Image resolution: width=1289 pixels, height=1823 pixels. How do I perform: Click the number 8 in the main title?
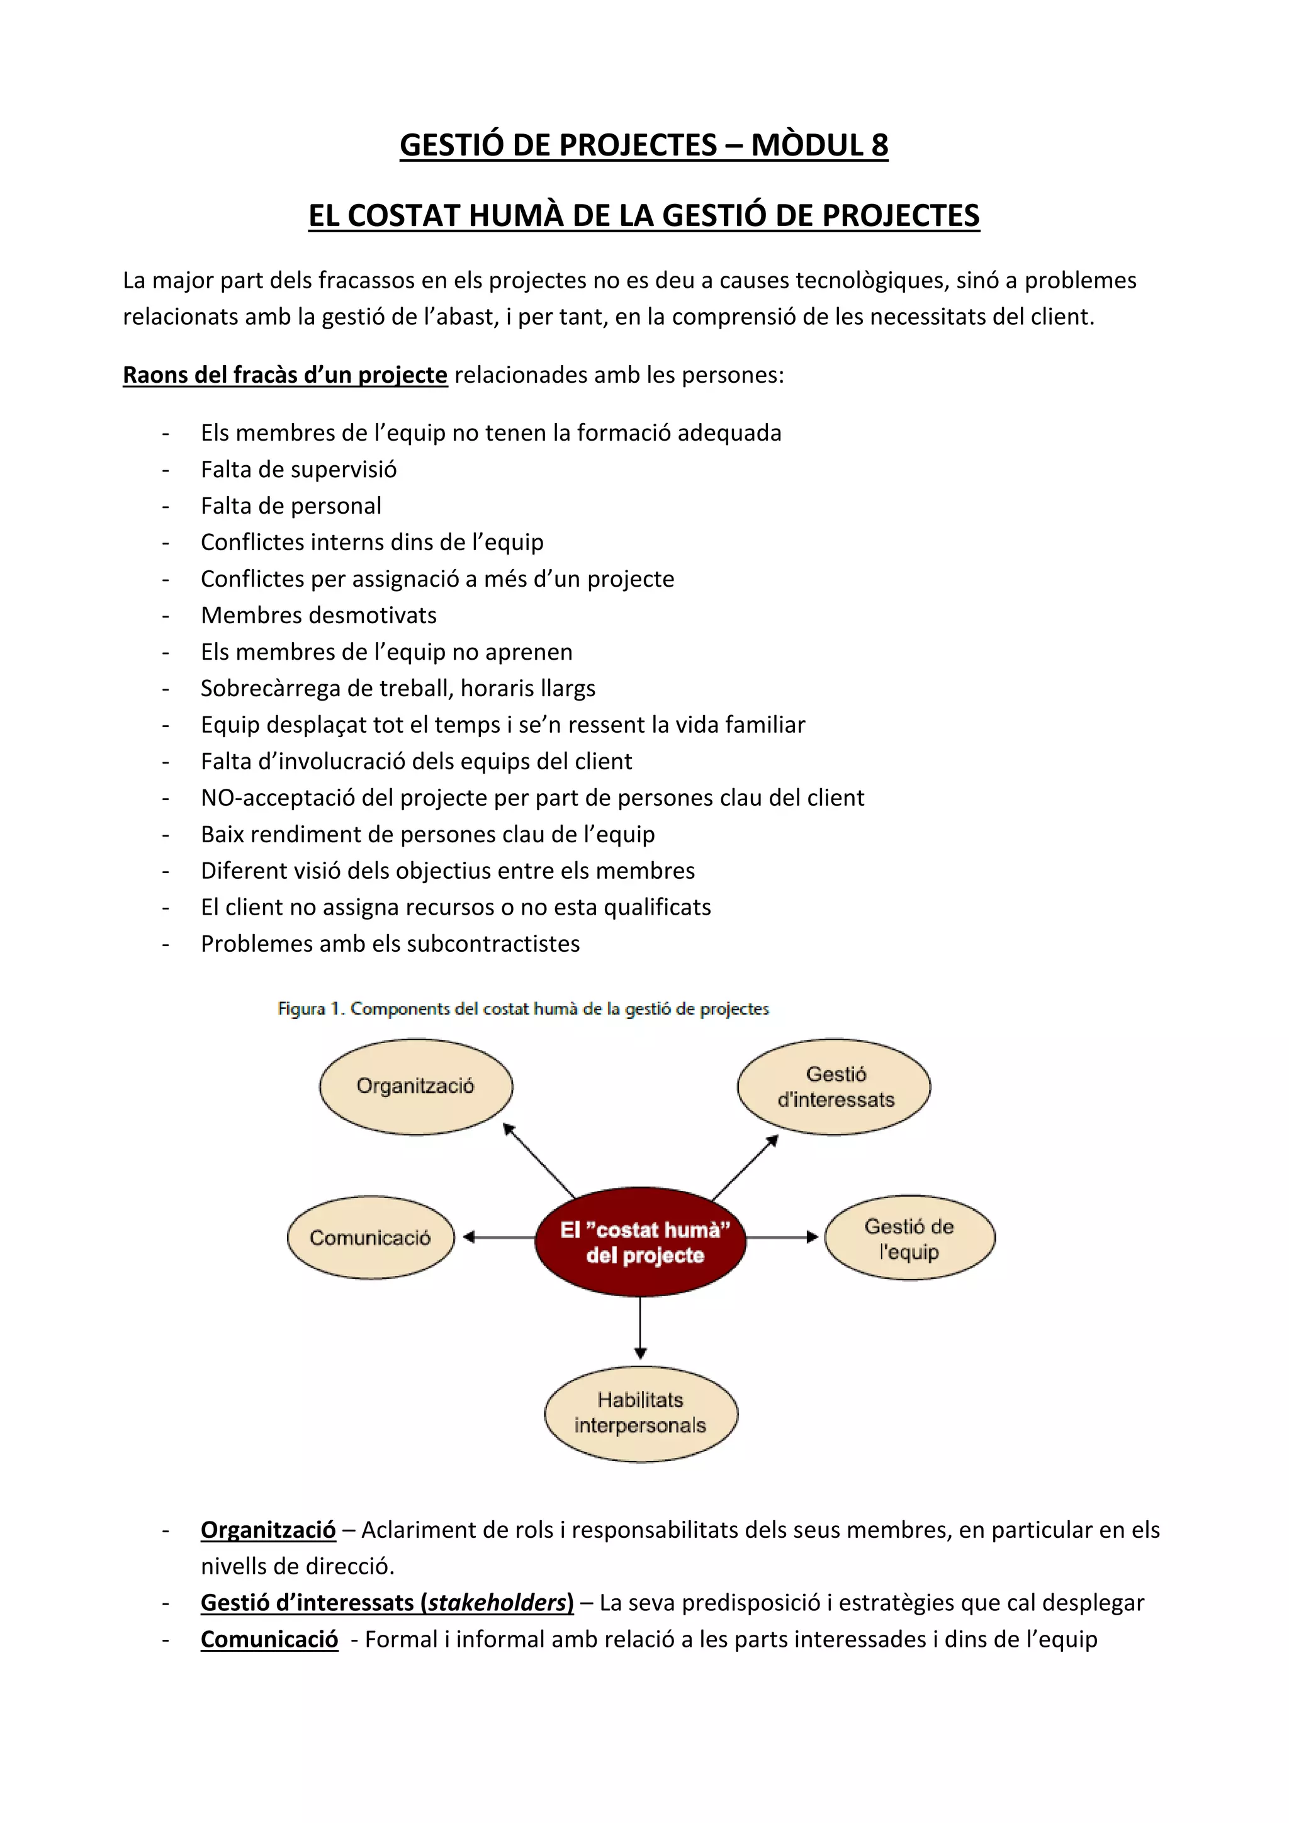click(879, 145)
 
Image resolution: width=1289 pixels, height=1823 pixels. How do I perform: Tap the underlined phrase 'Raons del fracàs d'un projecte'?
click(285, 375)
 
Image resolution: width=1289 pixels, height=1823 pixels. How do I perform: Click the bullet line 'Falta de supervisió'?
click(298, 469)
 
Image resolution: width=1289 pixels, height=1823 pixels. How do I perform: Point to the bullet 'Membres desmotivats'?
click(318, 616)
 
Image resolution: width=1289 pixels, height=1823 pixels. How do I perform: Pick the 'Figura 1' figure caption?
click(523, 1008)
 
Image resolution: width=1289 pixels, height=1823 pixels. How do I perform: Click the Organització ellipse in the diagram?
click(416, 1086)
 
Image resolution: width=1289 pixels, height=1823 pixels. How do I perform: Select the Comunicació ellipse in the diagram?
click(371, 1238)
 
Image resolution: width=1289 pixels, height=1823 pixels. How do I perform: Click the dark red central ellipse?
click(641, 1242)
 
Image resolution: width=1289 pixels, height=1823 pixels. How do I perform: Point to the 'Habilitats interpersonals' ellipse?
click(641, 1413)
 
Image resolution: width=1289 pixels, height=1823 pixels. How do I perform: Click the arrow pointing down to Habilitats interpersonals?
click(641, 1328)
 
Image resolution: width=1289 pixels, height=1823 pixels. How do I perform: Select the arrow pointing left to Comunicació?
click(498, 1237)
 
